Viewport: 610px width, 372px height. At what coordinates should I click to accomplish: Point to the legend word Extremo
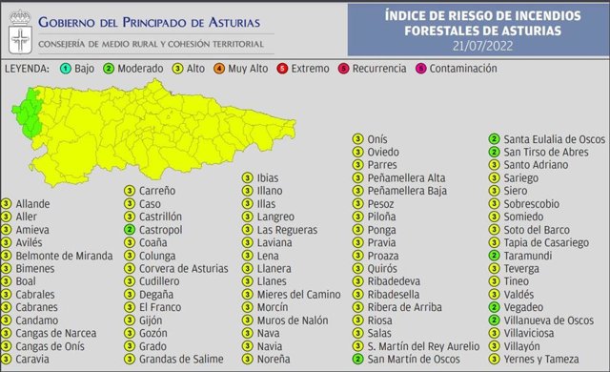(312, 69)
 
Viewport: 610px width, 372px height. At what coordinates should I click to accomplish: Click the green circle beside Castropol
(129, 230)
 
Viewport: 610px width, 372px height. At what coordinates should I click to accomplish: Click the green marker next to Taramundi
(494, 256)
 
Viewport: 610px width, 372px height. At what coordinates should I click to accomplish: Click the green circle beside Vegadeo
(494, 307)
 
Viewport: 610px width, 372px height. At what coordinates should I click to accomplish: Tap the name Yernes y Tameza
(544, 359)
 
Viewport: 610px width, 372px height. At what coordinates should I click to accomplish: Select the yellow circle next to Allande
(7, 204)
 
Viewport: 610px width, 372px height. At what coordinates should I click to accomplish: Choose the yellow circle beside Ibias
(247, 177)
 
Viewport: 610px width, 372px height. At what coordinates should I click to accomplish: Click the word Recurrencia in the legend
(378, 69)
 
